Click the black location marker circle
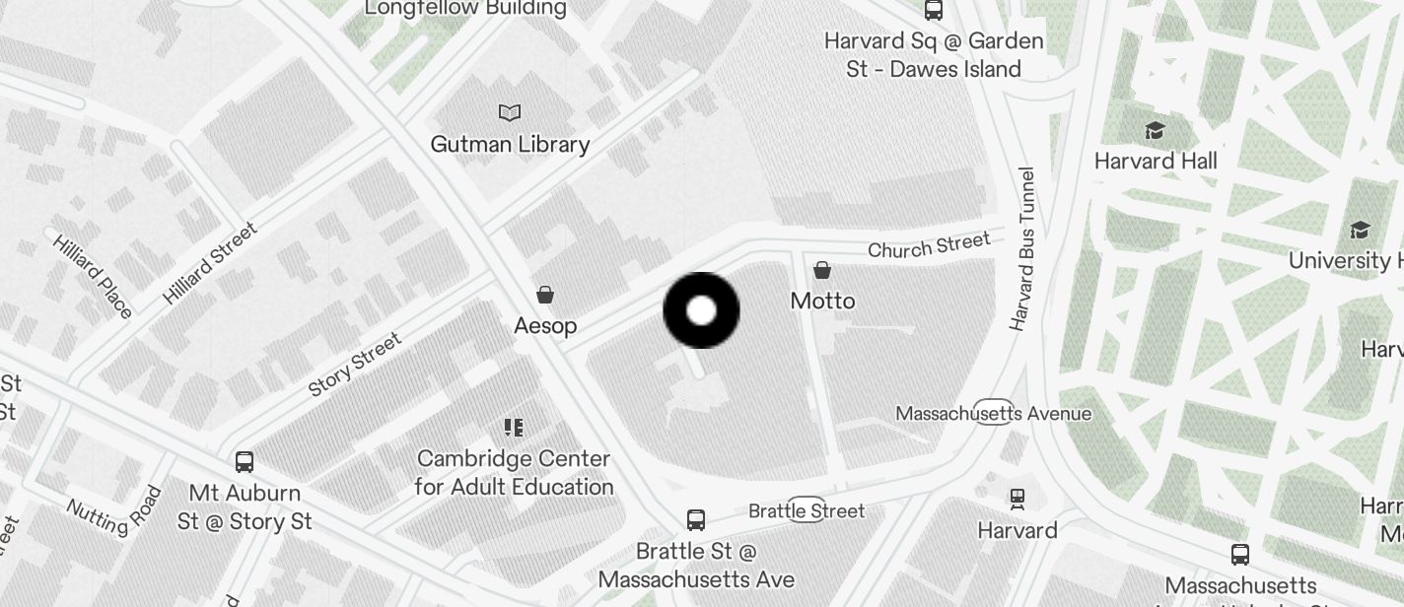tap(701, 310)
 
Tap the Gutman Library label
tap(510, 145)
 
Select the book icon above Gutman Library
tap(510, 112)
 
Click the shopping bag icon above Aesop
tap(544, 295)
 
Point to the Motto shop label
tap(822, 301)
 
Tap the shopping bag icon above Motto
tap(822, 270)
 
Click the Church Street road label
tap(929, 245)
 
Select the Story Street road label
tap(355, 365)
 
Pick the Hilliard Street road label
tap(210, 262)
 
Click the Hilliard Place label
tap(93, 276)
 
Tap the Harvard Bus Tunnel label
tap(1022, 249)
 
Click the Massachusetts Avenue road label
tap(993, 414)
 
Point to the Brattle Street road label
tap(807, 510)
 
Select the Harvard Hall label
tap(1156, 161)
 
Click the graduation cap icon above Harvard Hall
tap(1155, 131)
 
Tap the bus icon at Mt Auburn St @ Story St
tap(245, 461)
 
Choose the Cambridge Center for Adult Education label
tap(514, 473)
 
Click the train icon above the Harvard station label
tap(1017, 500)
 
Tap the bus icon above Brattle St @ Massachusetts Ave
tap(695, 519)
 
